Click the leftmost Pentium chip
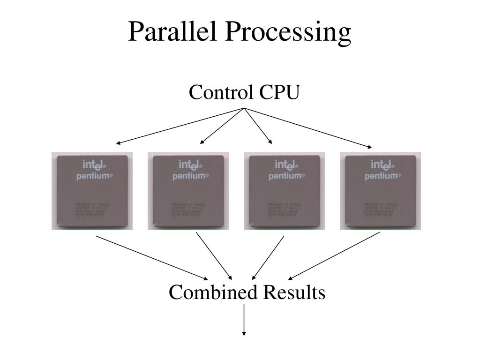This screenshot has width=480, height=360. pos(92,191)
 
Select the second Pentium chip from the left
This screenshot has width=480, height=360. pos(188,191)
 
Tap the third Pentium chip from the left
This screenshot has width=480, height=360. pos(284,191)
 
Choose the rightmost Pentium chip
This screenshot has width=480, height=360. pos(380,191)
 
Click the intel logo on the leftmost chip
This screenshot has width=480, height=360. pos(95,165)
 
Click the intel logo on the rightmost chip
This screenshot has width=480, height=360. pos(383,165)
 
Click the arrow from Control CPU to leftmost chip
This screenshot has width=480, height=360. pos(180,126)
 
